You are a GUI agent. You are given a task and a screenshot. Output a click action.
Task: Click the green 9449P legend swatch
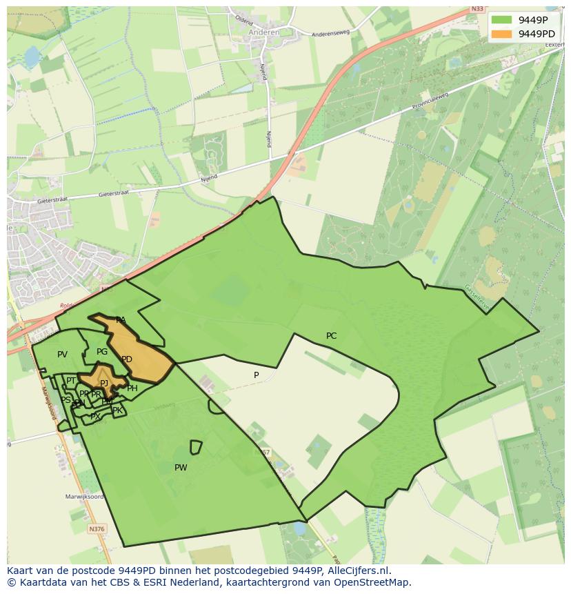pyautogui.click(x=502, y=19)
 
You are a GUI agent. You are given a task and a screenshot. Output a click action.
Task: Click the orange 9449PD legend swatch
pyautogui.click(x=502, y=34)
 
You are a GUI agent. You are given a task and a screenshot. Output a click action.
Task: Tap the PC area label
pyautogui.click(x=331, y=336)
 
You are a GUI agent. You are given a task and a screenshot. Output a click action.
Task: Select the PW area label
pyautogui.click(x=181, y=468)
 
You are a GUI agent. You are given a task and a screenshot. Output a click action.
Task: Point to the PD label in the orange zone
pyautogui.click(x=127, y=359)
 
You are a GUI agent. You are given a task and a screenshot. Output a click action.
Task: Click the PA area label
pyautogui.click(x=121, y=320)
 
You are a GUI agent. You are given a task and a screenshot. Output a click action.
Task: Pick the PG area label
pyautogui.click(x=102, y=352)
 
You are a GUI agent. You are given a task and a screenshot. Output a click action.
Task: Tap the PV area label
pyautogui.click(x=62, y=355)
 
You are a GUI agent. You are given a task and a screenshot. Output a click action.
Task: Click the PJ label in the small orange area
pyautogui.click(x=104, y=384)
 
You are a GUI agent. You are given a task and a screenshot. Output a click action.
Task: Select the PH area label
pyautogui.click(x=132, y=388)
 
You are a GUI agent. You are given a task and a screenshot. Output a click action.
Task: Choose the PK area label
pyautogui.click(x=117, y=410)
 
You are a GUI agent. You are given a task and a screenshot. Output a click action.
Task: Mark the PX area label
pyautogui.click(x=95, y=417)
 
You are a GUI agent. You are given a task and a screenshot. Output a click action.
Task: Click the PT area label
pyautogui.click(x=71, y=381)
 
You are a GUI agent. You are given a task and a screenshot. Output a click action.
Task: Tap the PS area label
pyautogui.click(x=66, y=400)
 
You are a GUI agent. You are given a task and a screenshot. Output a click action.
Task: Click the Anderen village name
pyautogui.click(x=264, y=32)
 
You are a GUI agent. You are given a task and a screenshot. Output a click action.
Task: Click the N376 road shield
pyautogui.click(x=97, y=529)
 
